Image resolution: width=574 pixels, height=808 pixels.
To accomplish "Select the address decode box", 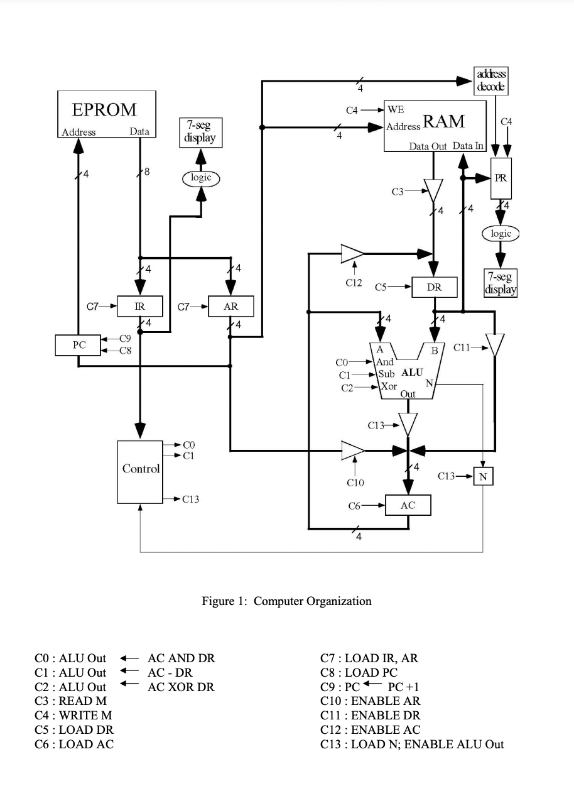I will click(x=491, y=80).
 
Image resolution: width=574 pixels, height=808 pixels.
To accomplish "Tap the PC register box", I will click(x=79, y=345).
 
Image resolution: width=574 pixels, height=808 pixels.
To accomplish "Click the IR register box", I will click(x=140, y=307).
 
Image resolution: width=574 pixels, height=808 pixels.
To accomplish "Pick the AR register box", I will click(x=231, y=307).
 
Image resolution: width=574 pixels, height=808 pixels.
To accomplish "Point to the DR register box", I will click(x=434, y=287).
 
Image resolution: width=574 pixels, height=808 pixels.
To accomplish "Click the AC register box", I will click(x=408, y=505).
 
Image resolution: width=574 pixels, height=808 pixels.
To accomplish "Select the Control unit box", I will click(x=140, y=472).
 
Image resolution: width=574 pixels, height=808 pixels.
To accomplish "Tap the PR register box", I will click(x=501, y=178).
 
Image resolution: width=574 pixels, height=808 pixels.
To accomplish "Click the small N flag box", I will click(x=482, y=477).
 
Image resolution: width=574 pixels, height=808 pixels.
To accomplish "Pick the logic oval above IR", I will click(x=200, y=178).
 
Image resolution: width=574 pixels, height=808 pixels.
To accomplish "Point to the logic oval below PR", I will click(x=501, y=234).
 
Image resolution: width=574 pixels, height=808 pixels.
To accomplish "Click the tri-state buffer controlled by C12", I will click(x=352, y=254).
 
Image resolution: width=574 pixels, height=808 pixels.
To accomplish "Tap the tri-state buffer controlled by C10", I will click(x=352, y=450).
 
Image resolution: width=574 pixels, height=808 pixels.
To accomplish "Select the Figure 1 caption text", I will click(x=286, y=601).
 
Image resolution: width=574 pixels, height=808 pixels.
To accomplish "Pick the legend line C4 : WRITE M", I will click(x=73, y=715).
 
